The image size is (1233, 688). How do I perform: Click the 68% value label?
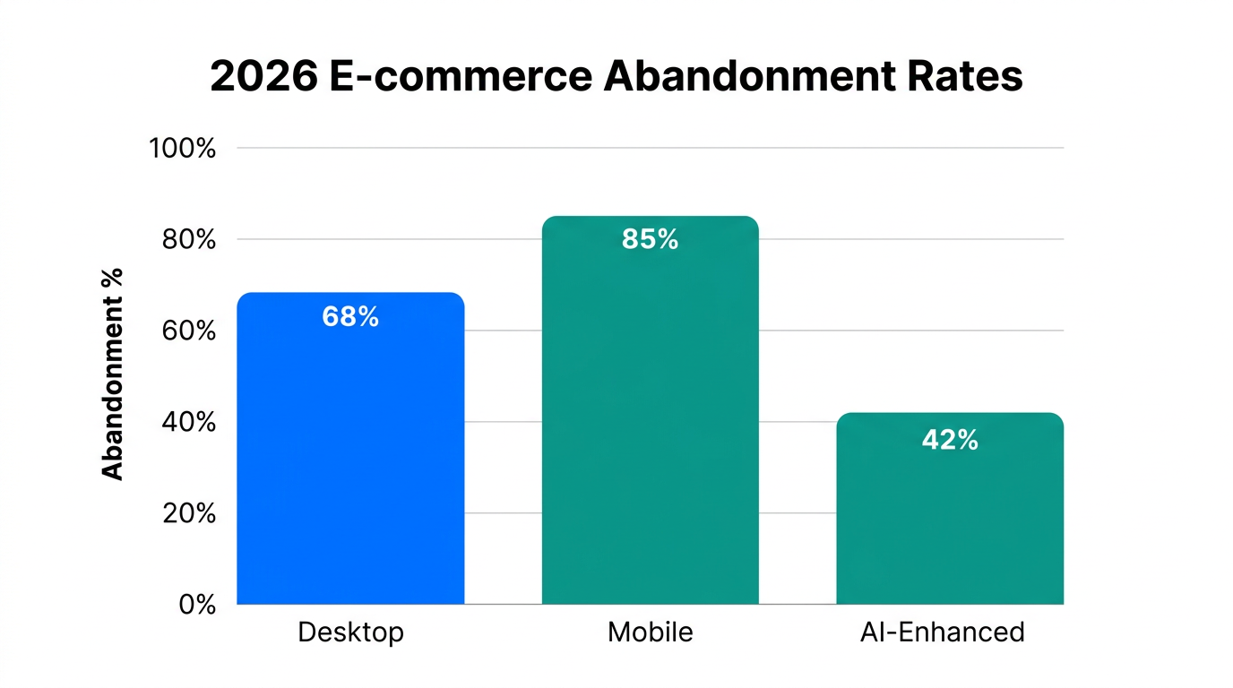(x=350, y=317)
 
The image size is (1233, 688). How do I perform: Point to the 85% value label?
(x=650, y=239)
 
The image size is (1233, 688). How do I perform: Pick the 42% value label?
(x=950, y=440)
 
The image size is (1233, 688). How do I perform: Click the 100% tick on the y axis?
(x=182, y=148)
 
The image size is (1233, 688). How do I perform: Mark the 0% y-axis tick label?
(x=197, y=605)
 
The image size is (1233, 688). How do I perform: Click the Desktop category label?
(x=350, y=632)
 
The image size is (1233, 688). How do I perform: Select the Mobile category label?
(x=650, y=632)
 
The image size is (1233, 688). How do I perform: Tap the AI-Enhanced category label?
(x=942, y=632)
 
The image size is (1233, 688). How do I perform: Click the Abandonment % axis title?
(x=113, y=374)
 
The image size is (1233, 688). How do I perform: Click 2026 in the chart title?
(x=263, y=77)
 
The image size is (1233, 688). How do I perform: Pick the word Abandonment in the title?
(x=746, y=77)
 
